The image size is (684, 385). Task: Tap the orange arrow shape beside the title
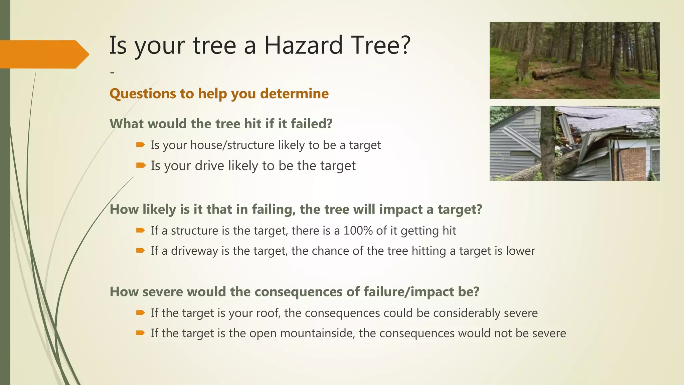tap(43, 54)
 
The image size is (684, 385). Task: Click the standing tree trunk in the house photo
tap(548, 144)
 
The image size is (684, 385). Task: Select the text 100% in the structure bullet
tap(358, 231)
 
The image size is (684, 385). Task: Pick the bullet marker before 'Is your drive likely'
tap(141, 165)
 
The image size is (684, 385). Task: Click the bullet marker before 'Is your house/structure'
tap(141, 145)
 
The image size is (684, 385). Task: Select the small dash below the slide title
tap(112, 72)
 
